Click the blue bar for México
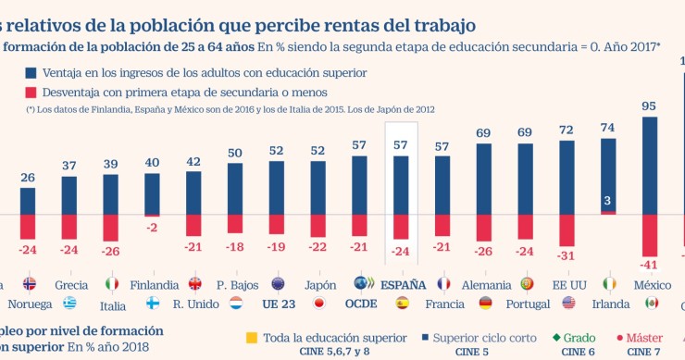[x=649, y=165]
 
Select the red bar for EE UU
[x=567, y=230]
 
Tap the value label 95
[x=649, y=106]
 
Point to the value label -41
[x=649, y=265]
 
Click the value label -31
[x=567, y=255]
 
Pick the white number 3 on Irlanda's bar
[x=607, y=201]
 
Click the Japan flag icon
[x=318, y=303]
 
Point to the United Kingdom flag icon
[x=195, y=284]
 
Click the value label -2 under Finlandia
[x=153, y=228]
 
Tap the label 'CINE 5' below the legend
[x=471, y=351]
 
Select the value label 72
[x=567, y=130]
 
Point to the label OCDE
[x=361, y=303]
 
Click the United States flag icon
[x=568, y=303]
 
